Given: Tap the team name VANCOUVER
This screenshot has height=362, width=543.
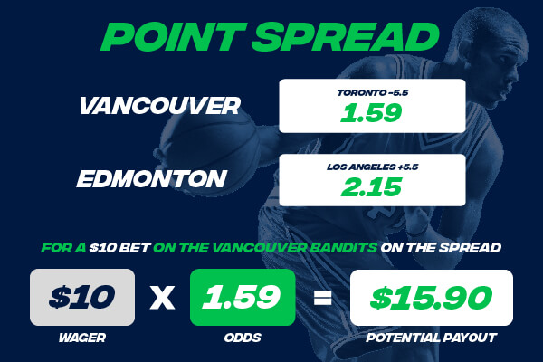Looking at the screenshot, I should [159, 106].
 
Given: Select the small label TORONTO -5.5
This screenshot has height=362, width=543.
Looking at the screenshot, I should [372, 92].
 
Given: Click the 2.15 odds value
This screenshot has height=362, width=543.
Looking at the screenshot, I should [372, 188].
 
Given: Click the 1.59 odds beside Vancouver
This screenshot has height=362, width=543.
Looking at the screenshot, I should [372, 114].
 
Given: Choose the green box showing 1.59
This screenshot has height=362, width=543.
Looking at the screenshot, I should [243, 296].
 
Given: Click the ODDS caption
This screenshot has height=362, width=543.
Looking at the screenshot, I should [243, 338].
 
